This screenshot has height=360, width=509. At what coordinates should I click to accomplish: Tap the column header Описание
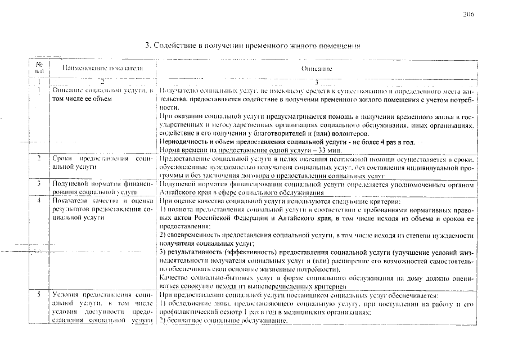[x=317, y=68]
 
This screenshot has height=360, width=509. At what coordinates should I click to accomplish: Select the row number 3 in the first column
[x=38, y=184]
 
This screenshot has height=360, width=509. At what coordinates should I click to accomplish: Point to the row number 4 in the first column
[x=38, y=200]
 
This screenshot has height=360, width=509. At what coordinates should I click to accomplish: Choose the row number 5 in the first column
[x=38, y=295]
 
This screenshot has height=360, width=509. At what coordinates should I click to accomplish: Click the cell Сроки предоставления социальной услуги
[x=102, y=164]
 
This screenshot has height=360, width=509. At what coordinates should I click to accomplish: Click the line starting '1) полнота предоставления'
[x=317, y=210]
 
